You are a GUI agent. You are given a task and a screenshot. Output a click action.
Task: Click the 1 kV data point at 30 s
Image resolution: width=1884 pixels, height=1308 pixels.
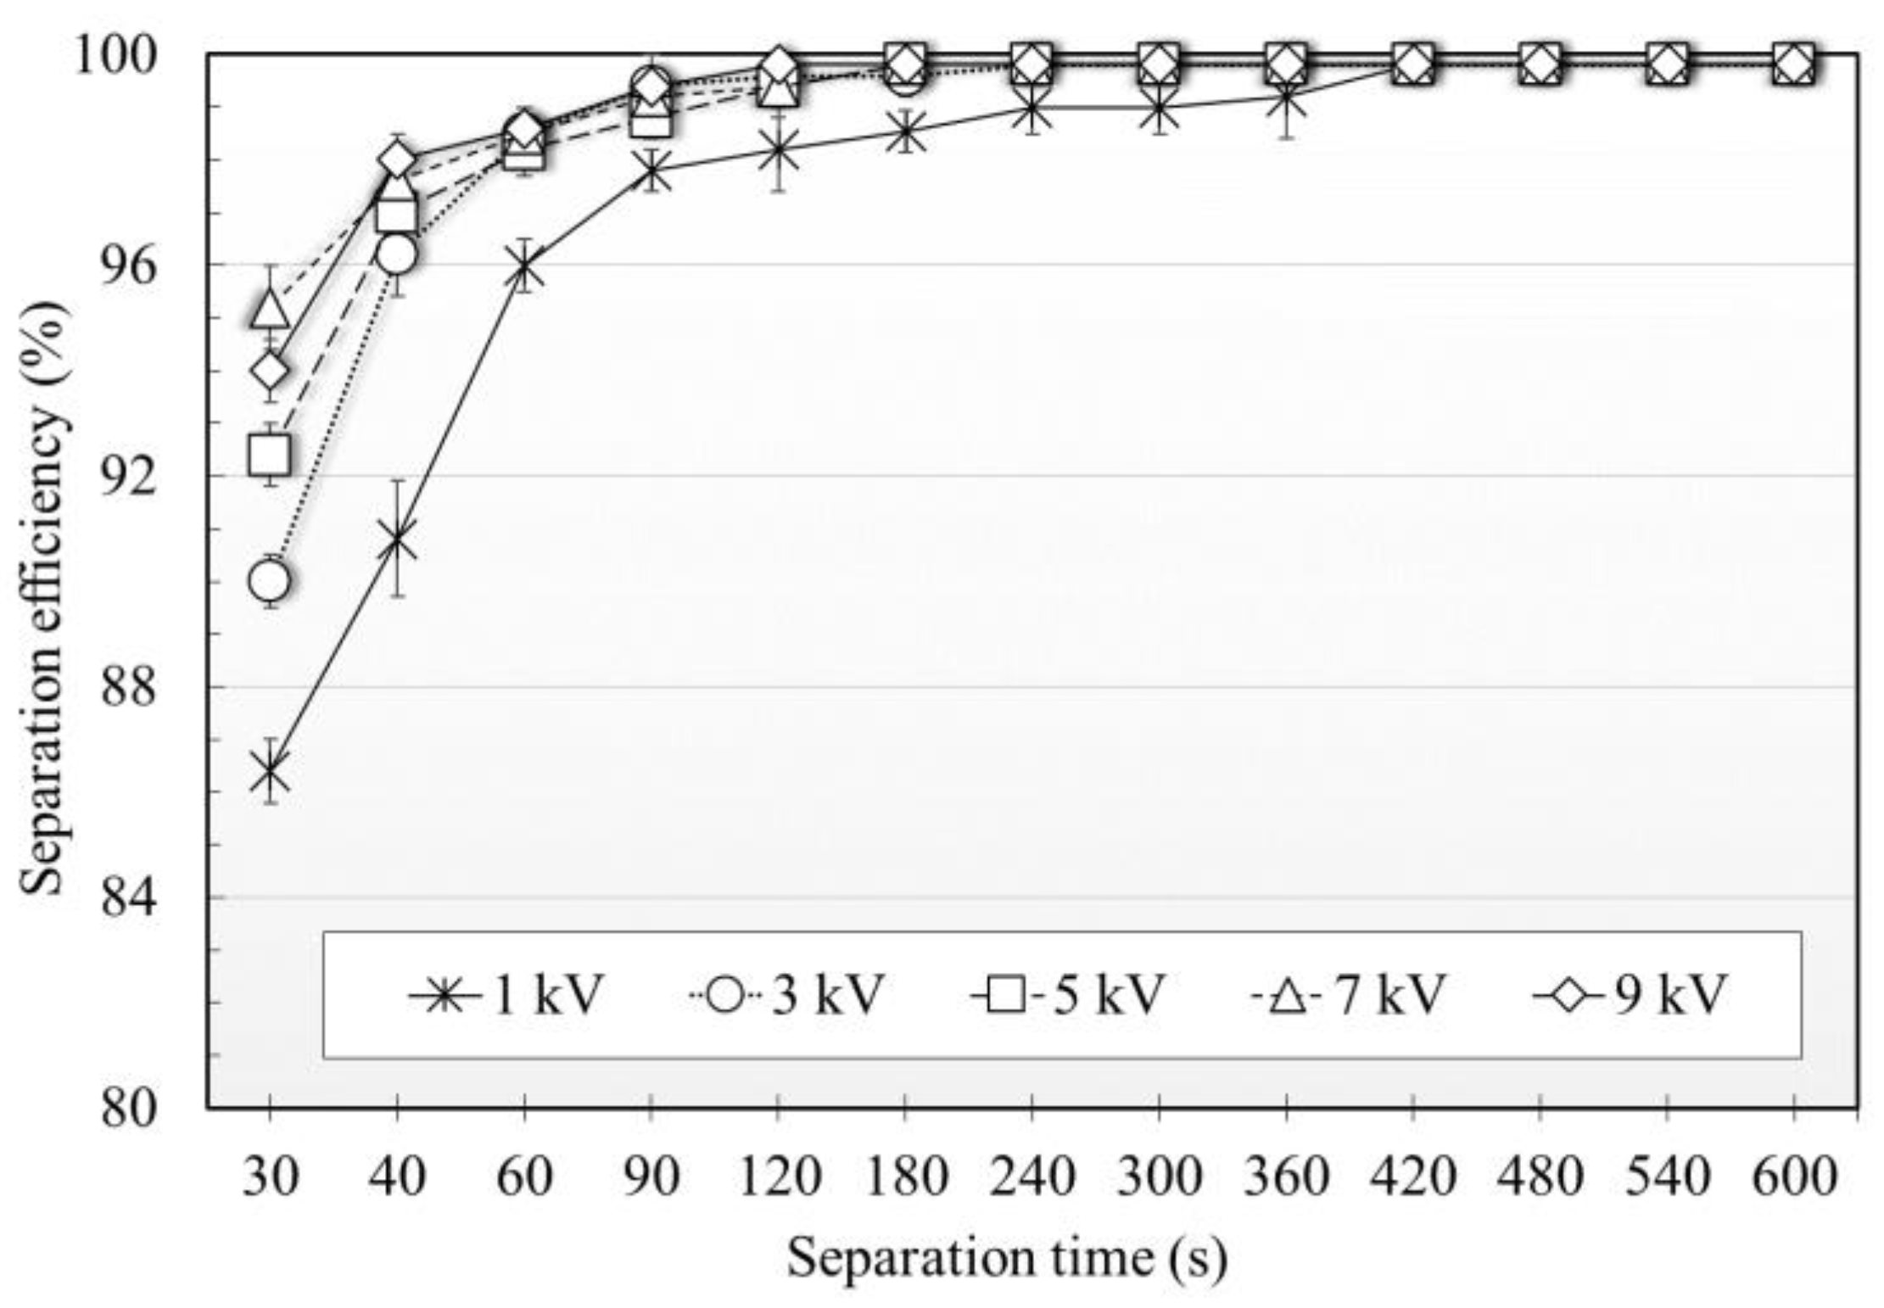click(270, 773)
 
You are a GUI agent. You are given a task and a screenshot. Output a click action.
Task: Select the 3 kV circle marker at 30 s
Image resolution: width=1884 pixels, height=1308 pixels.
click(270, 581)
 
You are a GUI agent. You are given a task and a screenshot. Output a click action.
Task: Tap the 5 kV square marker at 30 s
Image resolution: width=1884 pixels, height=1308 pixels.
click(270, 455)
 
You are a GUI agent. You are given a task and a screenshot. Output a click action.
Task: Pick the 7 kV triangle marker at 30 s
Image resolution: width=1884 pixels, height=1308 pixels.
click(270, 310)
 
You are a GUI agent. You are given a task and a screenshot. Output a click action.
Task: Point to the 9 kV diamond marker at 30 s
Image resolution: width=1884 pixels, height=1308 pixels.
click(270, 371)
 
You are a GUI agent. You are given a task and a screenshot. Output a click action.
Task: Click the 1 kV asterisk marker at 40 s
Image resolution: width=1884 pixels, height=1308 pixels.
click(397, 540)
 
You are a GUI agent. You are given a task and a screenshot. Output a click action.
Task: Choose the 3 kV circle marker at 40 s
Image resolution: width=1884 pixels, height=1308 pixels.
click(397, 254)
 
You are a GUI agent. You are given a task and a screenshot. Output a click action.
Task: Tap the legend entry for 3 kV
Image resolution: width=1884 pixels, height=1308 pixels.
click(785, 994)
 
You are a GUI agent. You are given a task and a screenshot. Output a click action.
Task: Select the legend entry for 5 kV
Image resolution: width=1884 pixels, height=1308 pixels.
click(1068, 994)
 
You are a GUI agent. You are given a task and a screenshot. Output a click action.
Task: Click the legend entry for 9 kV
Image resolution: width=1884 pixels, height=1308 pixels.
click(1630, 994)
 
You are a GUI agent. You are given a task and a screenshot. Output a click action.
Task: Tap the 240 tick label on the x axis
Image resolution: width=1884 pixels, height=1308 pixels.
click(1031, 1177)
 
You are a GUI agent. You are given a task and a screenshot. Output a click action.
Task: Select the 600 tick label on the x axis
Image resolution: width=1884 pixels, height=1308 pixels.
click(1794, 1177)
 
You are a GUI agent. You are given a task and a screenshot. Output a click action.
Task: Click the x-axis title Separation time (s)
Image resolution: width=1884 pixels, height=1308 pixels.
click(1006, 1256)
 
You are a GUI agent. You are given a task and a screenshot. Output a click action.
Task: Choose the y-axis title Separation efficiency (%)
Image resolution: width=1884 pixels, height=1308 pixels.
click(42, 598)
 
